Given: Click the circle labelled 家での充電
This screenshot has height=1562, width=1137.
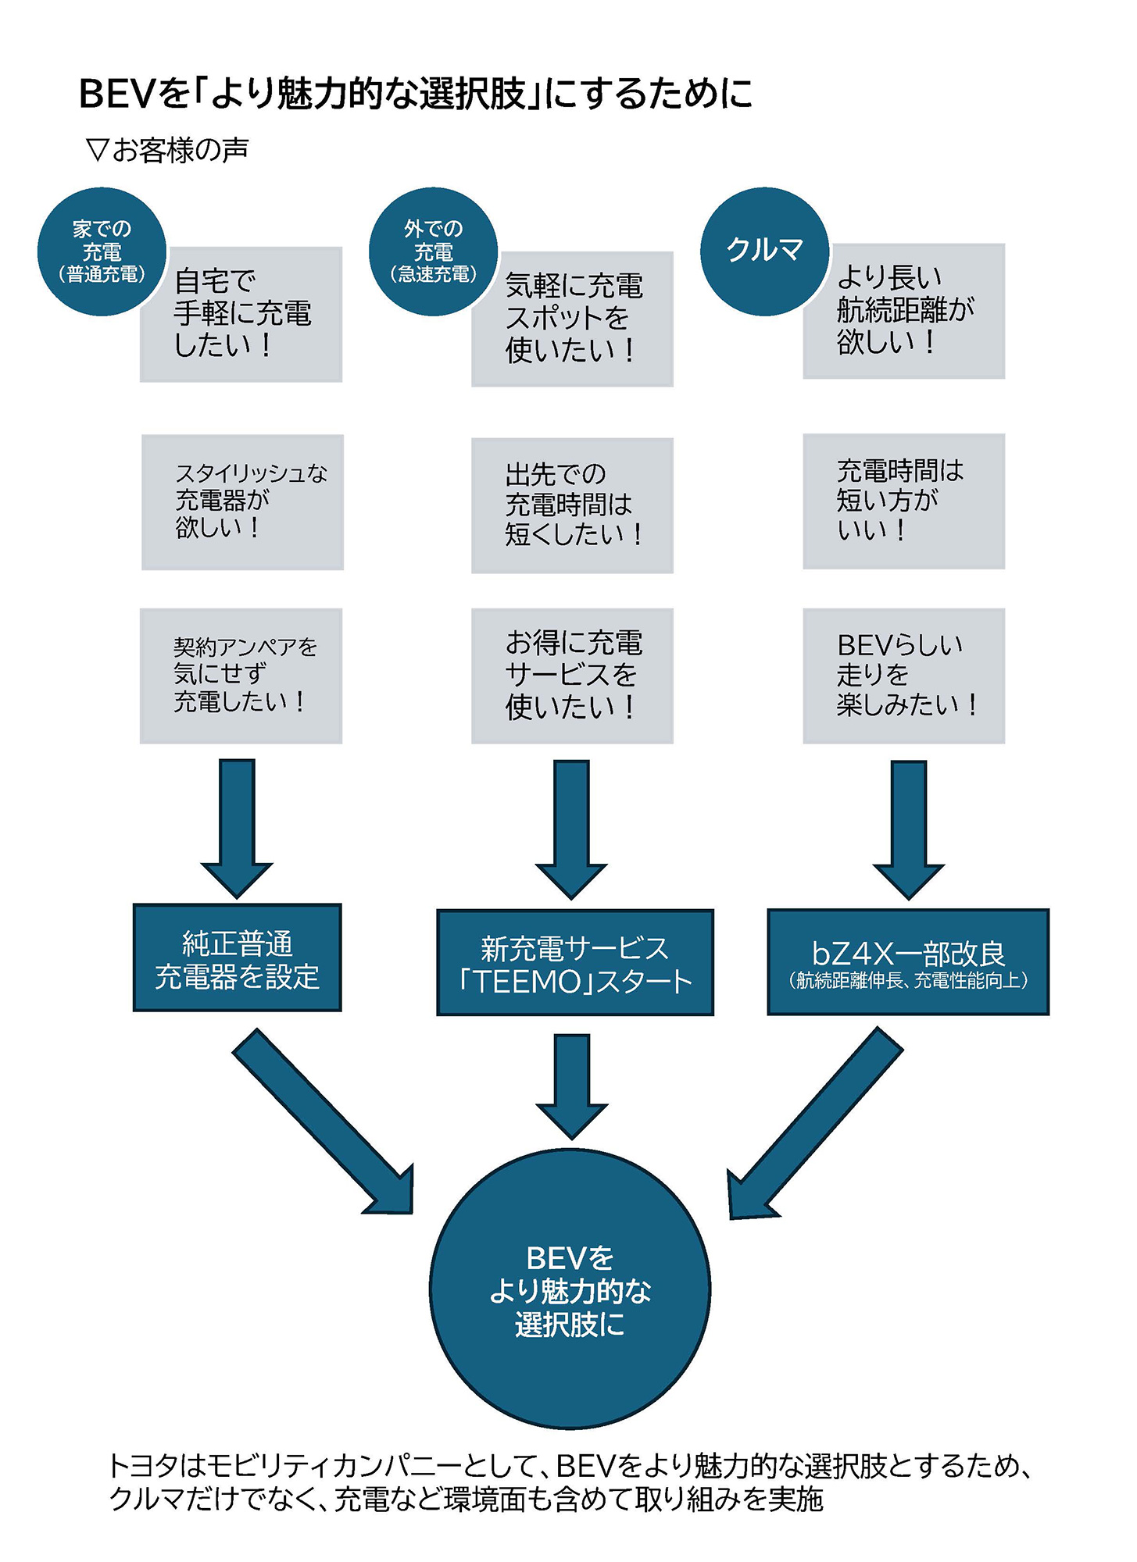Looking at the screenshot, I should coord(102,251).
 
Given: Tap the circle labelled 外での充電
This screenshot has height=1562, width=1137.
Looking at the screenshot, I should coord(433,251).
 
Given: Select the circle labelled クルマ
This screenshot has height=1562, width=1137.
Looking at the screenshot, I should coord(764,251).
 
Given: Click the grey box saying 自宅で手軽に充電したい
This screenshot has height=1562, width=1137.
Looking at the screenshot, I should coord(241,314).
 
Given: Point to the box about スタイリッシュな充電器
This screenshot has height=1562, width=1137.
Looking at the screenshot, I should coord(242,502).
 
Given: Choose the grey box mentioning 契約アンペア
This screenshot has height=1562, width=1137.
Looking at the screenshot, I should coord(241,676).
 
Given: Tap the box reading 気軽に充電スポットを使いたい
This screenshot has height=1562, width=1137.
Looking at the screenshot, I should coord(572,319).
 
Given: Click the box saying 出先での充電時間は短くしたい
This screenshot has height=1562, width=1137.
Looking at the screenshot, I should coord(572,505).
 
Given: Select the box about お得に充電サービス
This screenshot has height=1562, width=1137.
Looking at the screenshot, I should coord(572,676).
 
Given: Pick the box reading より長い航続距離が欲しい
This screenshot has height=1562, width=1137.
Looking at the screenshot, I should coord(904,311).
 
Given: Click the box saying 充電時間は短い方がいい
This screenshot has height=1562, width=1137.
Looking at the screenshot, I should coord(904,501).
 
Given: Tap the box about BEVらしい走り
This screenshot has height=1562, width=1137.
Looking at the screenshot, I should coord(904,676).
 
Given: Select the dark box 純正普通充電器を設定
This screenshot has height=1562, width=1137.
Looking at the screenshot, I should coord(238,958).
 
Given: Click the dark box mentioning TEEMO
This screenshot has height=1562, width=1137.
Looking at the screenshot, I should coord(575,963).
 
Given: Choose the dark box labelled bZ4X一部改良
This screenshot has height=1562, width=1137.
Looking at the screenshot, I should coord(908,962).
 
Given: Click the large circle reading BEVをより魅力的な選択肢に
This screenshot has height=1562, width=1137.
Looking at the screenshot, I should coord(570,1289).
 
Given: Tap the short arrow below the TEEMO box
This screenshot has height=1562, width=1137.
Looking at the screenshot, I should coord(572,1085).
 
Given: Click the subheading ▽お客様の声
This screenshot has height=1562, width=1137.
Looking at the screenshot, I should coord(168,149).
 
